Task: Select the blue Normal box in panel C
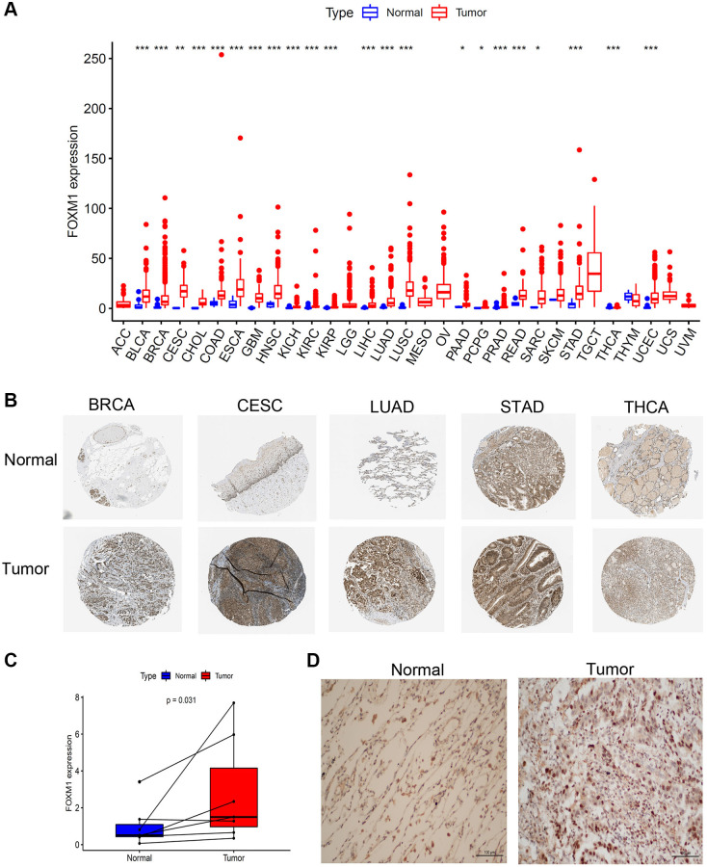click(x=140, y=829)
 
